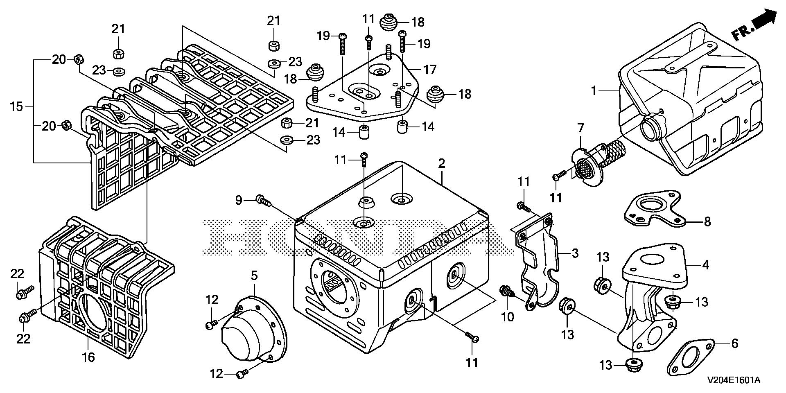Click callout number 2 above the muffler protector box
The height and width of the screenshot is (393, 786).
pyautogui.click(x=441, y=164)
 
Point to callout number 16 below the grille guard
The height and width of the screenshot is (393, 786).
pyautogui.click(x=88, y=357)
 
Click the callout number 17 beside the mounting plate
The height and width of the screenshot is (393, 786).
pyautogui.click(x=430, y=70)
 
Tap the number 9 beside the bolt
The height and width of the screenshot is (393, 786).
pyautogui.click(x=239, y=200)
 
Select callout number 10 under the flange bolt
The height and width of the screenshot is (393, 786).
pyautogui.click(x=508, y=317)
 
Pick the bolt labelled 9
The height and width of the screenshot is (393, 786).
pyautogui.click(x=262, y=200)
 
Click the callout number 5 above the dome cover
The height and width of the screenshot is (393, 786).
pyautogui.click(x=254, y=276)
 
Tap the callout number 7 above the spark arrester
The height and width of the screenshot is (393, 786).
pyautogui.click(x=580, y=128)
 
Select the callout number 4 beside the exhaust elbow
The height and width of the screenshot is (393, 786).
pyautogui.click(x=705, y=265)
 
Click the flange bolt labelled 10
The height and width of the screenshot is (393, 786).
pyautogui.click(x=506, y=291)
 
